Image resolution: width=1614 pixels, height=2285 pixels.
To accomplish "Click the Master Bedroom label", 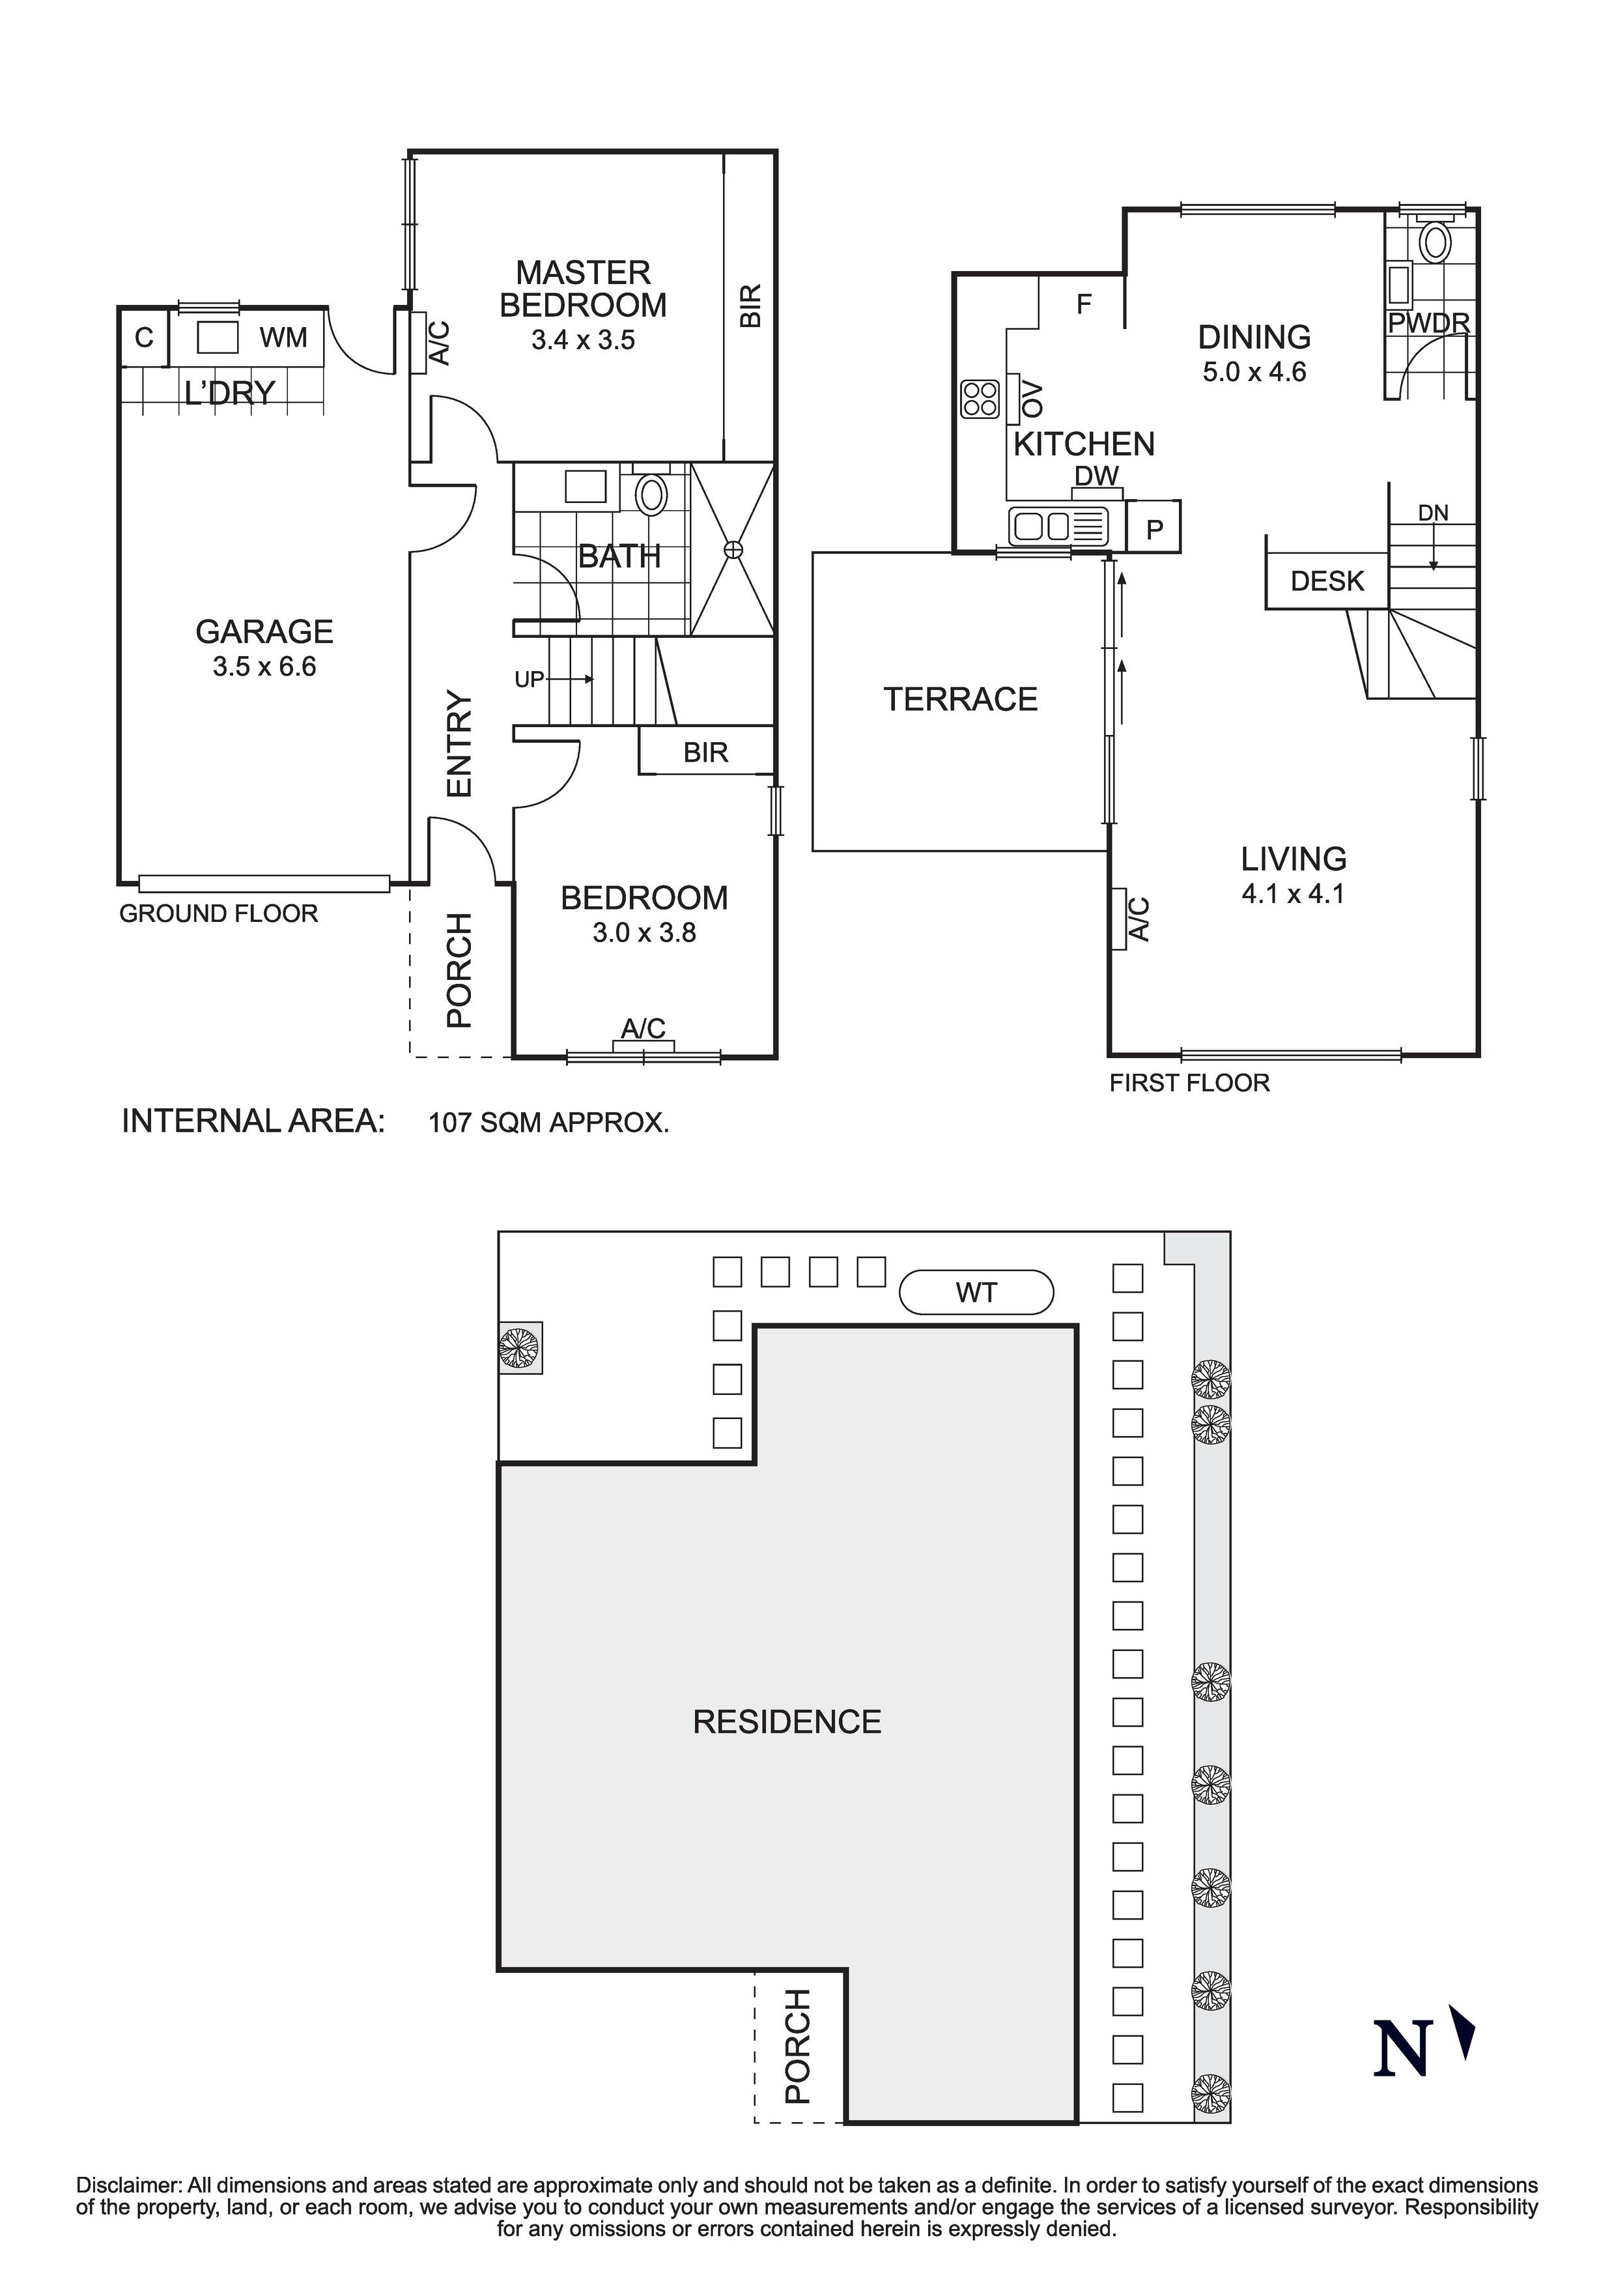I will pyautogui.click(x=582, y=289).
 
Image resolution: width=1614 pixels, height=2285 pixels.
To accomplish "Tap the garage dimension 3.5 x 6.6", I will pyautogui.click(x=264, y=667).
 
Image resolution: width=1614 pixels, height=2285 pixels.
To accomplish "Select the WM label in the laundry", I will pyautogui.click(x=283, y=338).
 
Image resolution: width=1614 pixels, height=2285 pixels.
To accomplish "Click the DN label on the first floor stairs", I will pyautogui.click(x=1433, y=513).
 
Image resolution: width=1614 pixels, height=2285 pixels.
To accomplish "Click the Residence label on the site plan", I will pyautogui.click(x=786, y=1721).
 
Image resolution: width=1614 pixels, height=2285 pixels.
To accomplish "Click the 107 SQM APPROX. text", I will pyautogui.click(x=548, y=1123).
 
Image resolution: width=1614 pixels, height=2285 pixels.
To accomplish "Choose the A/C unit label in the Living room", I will pyautogui.click(x=1139, y=919).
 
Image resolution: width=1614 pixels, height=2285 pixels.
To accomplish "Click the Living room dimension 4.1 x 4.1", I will pyautogui.click(x=1293, y=894).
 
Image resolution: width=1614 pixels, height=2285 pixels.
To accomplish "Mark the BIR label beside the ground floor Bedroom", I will pyautogui.click(x=705, y=753).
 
